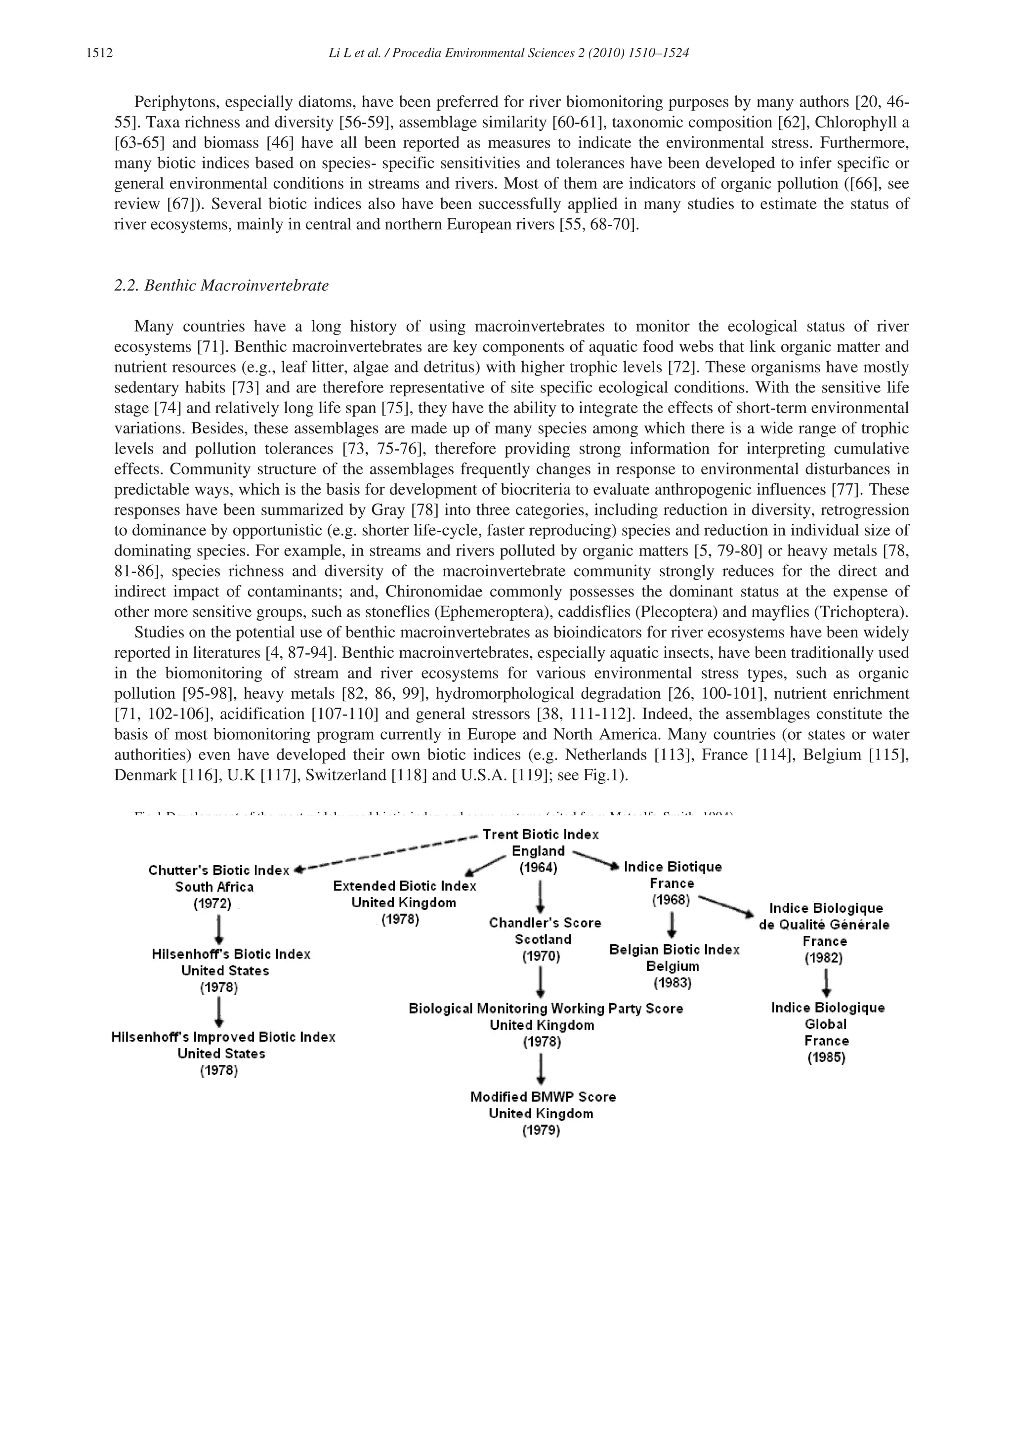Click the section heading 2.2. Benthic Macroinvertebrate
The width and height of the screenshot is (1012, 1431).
click(221, 286)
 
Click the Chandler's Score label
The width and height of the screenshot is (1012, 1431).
click(545, 923)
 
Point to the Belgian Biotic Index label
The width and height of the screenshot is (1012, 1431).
click(674, 950)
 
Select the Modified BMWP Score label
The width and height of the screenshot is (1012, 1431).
click(543, 1097)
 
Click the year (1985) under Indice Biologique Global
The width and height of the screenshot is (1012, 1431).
click(826, 1057)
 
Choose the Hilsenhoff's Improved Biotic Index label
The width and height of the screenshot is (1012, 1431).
click(223, 1037)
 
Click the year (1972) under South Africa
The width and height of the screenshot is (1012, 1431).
click(212, 904)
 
